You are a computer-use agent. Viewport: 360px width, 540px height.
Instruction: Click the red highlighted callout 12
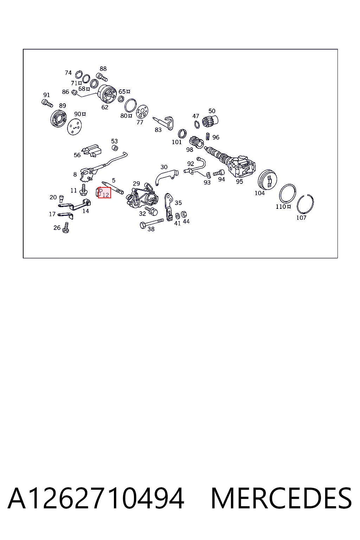(105, 193)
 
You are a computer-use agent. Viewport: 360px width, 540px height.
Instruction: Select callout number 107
(301, 218)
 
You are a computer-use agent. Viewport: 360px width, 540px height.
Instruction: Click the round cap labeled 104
(267, 180)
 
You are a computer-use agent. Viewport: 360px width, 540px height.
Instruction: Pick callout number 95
(239, 181)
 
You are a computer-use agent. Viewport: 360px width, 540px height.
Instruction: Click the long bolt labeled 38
(152, 223)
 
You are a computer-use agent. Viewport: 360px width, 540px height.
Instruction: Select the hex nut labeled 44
(184, 214)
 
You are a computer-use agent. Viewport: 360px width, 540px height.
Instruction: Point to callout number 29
(136, 184)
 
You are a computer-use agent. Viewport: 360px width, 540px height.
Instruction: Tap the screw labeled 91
(47, 103)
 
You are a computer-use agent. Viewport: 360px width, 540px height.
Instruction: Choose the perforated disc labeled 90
(75, 126)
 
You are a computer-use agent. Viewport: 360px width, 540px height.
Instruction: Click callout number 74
(68, 72)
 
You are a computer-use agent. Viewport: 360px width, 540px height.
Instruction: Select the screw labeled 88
(102, 77)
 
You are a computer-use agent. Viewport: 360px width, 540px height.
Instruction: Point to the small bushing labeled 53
(115, 148)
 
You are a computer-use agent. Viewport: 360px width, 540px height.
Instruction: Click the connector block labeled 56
(92, 150)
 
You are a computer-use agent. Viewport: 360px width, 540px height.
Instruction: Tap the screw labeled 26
(66, 227)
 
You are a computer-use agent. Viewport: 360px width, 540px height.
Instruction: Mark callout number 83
(158, 130)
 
